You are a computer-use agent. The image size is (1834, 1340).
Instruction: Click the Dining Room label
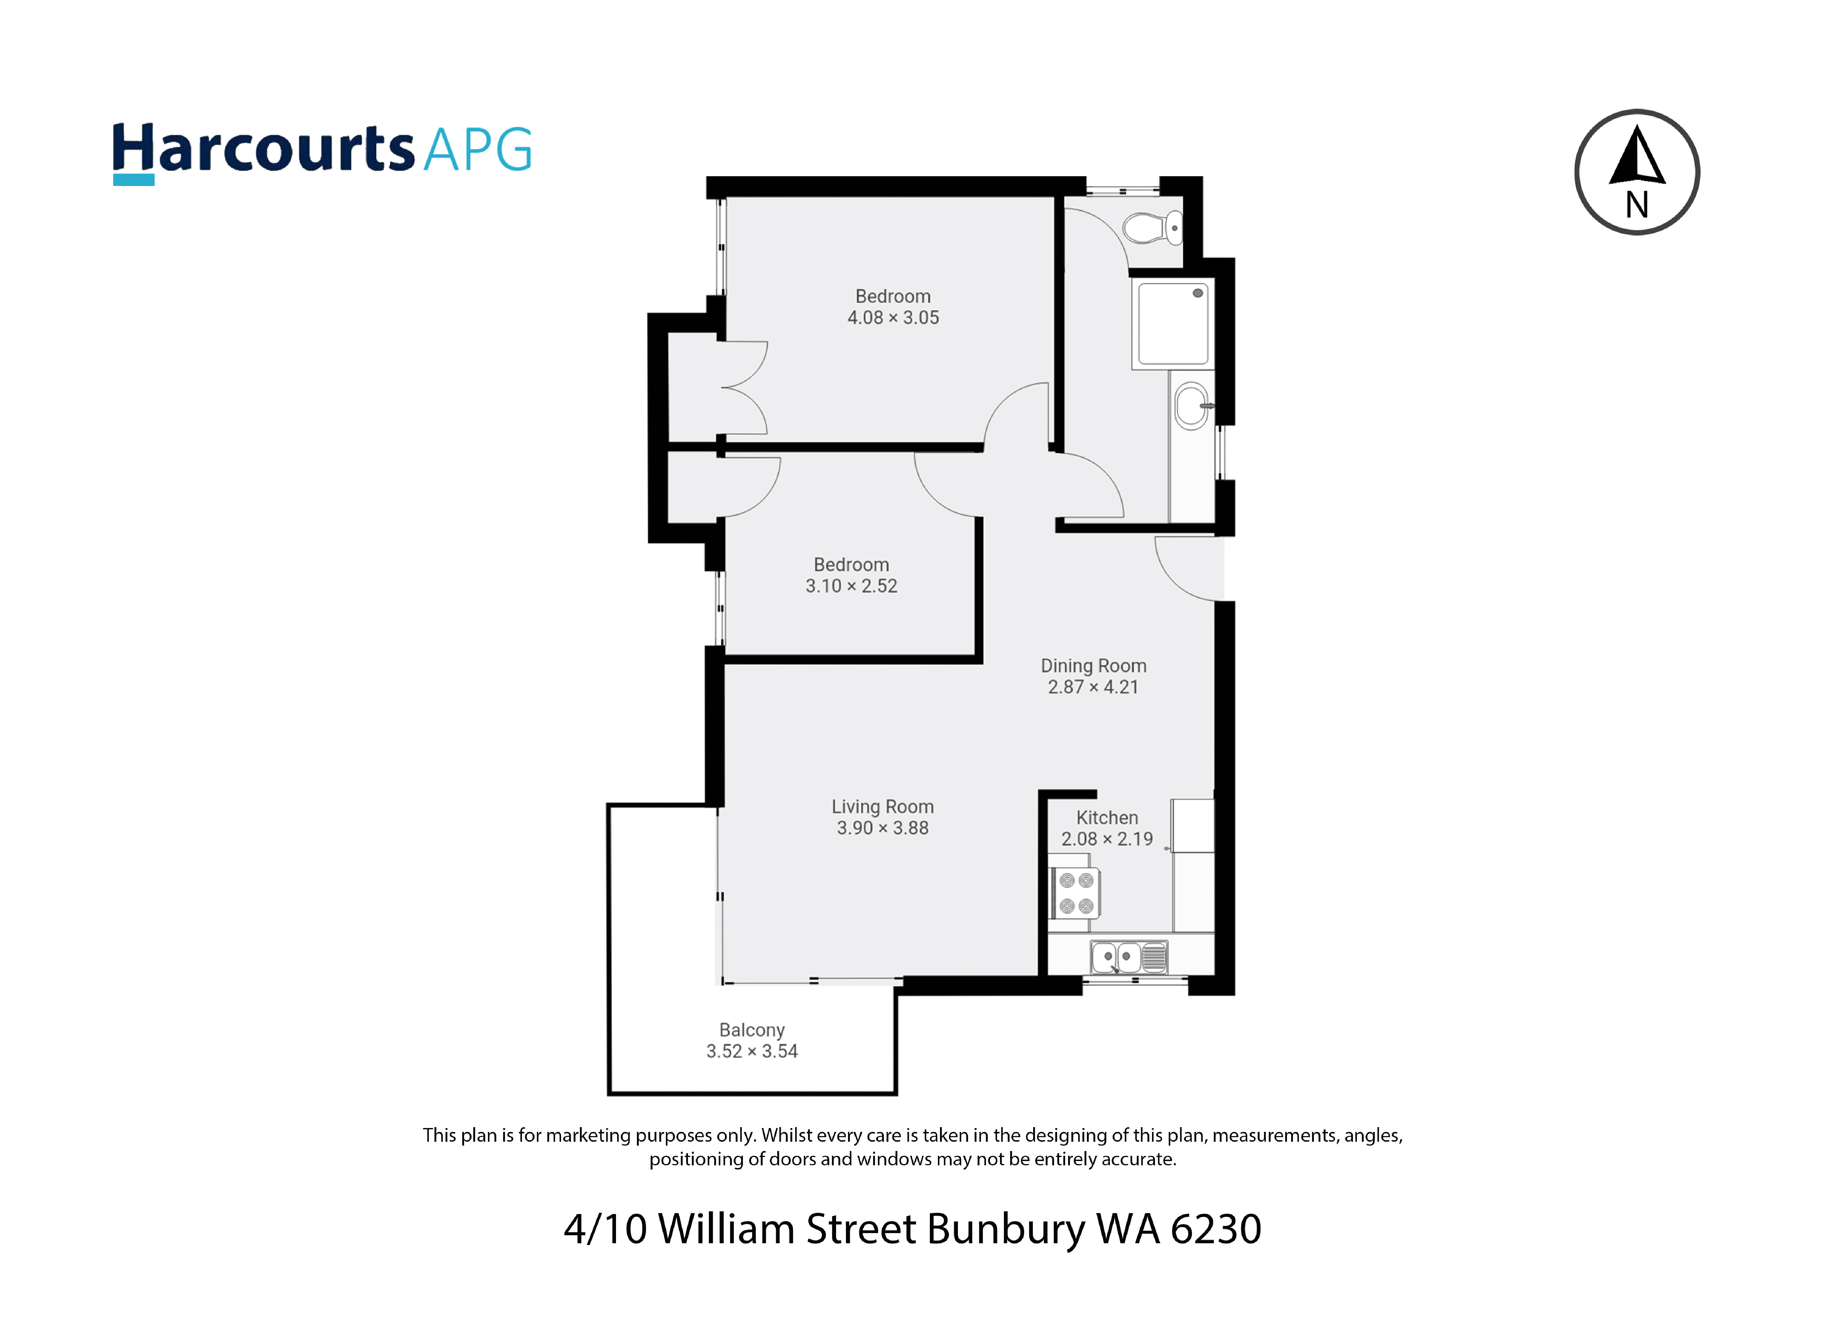click(1093, 666)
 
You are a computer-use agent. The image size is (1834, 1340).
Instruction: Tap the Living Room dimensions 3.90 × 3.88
click(883, 828)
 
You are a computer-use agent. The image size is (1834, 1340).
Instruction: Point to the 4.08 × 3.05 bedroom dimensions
click(893, 318)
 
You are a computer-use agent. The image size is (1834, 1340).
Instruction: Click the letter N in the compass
click(1637, 205)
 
